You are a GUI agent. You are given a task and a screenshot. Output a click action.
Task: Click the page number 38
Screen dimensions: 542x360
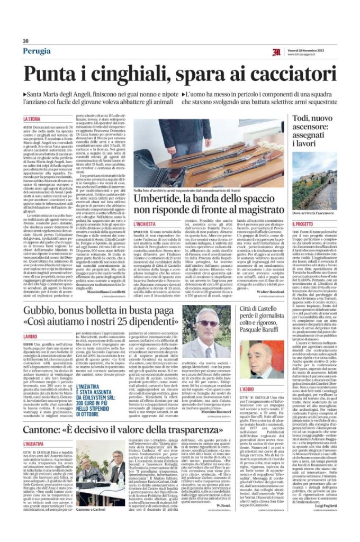(25, 41)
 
